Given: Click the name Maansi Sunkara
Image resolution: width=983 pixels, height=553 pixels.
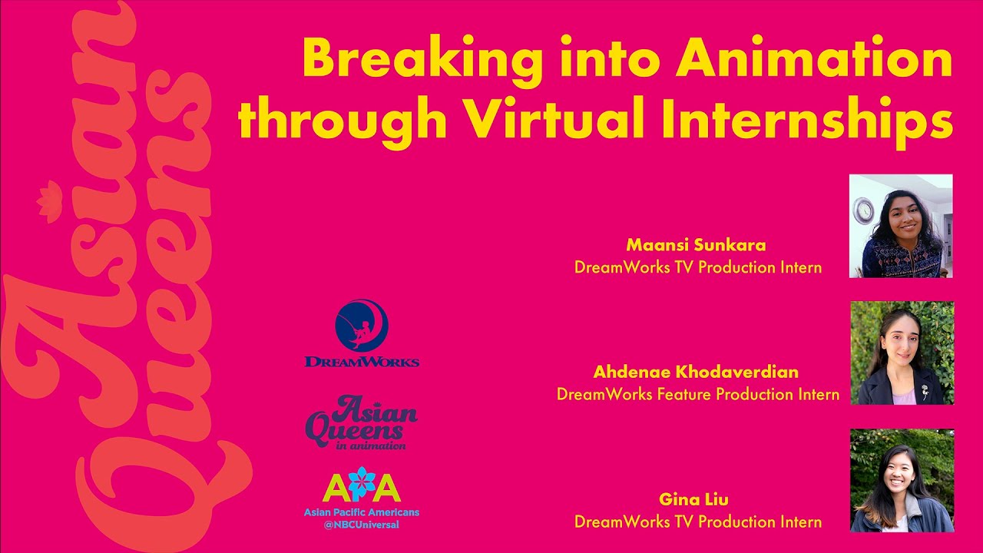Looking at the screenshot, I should point(697,246).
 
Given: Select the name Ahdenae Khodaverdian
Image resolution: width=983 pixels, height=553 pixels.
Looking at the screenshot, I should point(696,373).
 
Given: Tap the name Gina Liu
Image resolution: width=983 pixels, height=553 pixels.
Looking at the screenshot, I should point(693,500).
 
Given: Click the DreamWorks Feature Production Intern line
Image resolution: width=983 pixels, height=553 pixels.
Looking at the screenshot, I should point(697,395).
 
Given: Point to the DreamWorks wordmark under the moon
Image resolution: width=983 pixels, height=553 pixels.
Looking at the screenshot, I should point(362,361).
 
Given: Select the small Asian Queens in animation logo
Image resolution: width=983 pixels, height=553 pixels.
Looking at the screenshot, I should point(361,422).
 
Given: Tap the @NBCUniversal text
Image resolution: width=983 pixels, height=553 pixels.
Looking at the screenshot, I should point(362,525).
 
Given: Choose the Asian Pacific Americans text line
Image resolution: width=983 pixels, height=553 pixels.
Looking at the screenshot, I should point(362,512).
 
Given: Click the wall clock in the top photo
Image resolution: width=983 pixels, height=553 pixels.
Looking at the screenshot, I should point(865,209).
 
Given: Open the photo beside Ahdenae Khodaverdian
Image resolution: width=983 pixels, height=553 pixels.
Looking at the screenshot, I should point(902,353).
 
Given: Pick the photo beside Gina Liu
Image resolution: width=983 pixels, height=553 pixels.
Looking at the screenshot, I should point(902,481).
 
